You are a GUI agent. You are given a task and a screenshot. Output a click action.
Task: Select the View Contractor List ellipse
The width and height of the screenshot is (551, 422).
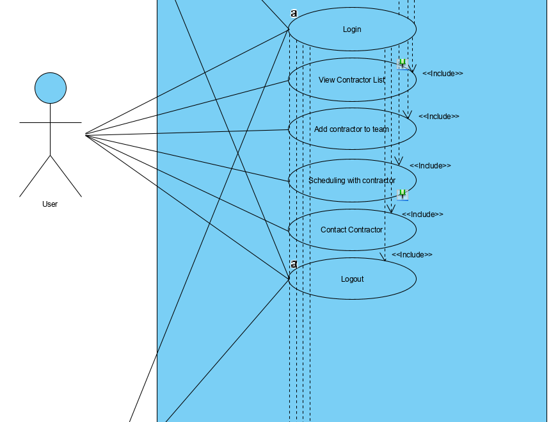pos(339,90)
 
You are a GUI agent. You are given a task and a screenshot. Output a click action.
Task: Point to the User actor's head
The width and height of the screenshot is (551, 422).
pos(51,88)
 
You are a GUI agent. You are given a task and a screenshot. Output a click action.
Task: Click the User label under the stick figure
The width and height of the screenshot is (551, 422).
pos(50,204)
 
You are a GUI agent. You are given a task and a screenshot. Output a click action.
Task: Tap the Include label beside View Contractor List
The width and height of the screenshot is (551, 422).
pos(442,74)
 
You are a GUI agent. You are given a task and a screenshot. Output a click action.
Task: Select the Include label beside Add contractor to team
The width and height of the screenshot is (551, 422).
pos(438,117)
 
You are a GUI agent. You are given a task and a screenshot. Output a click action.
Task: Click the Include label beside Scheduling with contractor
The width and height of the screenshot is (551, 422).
pos(430,166)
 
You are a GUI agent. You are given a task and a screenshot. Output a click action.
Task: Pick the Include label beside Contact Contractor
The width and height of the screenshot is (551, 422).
pos(422,215)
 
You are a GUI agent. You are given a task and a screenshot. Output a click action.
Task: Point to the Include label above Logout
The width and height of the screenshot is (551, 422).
pos(412,255)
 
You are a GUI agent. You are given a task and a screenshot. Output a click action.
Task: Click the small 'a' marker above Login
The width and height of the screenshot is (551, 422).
pos(294,13)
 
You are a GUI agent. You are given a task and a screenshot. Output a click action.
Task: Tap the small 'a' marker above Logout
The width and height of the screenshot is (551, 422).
pos(294,264)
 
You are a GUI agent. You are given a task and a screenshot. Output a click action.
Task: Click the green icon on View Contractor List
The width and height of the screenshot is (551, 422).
pos(402,63)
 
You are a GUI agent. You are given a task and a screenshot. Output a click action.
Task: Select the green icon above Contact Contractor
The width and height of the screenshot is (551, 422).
pos(402,194)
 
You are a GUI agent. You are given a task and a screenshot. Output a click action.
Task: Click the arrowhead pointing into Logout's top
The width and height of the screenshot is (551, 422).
pos(384,257)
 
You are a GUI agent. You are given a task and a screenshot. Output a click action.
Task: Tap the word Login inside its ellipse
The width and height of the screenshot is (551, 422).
pos(352,29)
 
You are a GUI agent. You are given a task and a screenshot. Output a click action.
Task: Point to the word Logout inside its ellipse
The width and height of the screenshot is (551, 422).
pos(352,279)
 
